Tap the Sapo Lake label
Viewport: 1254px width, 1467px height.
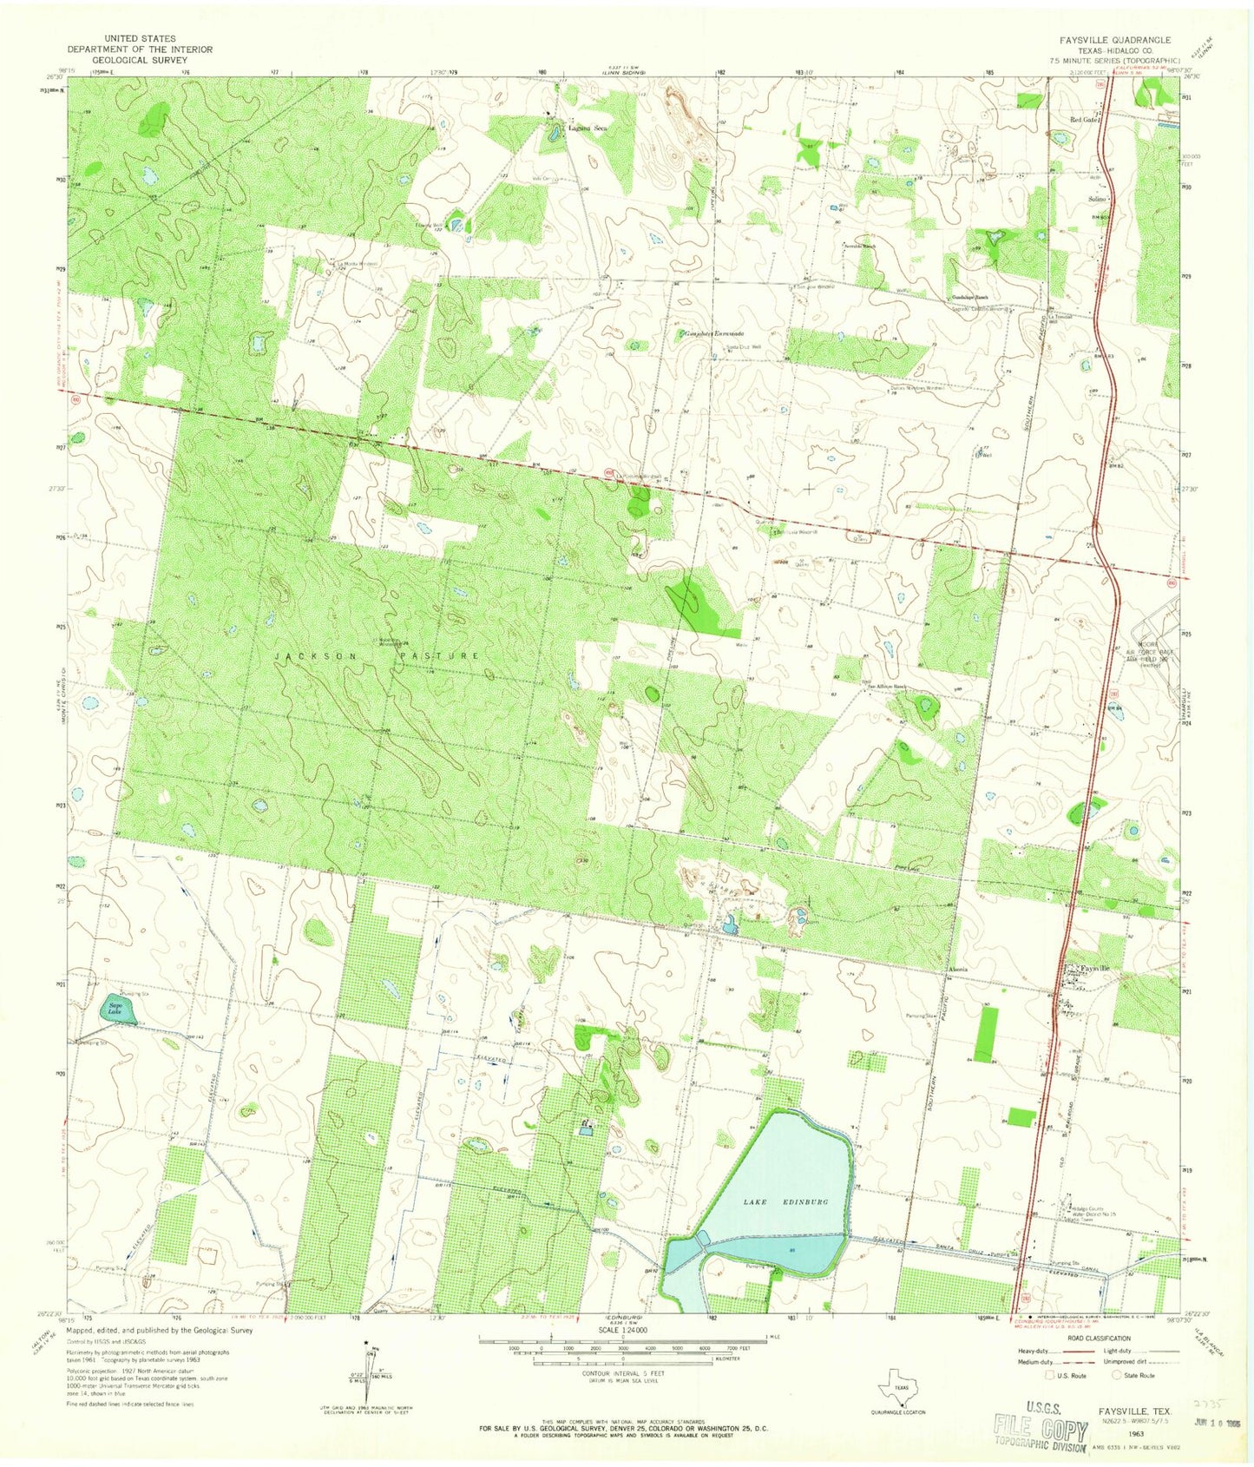pos(115,1009)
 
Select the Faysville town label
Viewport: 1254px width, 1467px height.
pos(1095,968)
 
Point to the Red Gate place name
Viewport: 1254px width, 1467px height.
pos(1085,119)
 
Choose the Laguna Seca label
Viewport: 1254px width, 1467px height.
pos(588,128)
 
